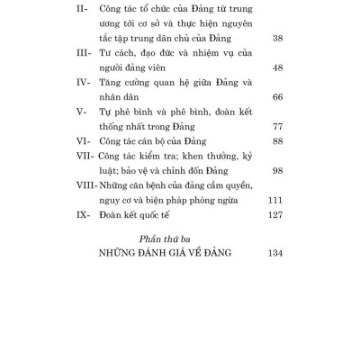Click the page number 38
click(274, 40)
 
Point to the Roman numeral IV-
click(86, 104)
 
